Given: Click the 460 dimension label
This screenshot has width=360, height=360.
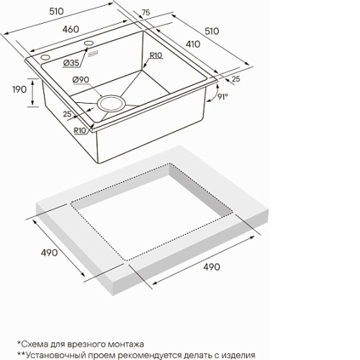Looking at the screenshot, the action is (71, 30).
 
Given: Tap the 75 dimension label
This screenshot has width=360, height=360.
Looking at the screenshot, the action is (145, 12).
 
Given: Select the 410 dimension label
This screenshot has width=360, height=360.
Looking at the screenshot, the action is (193, 44).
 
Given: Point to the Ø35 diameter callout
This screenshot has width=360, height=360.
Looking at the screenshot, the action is (71, 63).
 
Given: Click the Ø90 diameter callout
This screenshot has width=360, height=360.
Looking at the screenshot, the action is (81, 79).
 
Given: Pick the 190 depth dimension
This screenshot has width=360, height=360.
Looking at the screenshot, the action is (19, 89).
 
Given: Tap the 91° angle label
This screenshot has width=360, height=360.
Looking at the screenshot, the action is (222, 96).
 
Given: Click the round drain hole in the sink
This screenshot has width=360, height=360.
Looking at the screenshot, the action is (111, 104).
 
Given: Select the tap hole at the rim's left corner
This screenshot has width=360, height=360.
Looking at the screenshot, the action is (45, 58).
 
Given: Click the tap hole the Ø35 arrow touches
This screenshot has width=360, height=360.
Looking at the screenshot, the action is (89, 43).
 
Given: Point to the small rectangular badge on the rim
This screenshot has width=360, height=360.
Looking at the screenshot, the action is (93, 54).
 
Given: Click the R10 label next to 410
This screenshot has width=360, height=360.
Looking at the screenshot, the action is (156, 55).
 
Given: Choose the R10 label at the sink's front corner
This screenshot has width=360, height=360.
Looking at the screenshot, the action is (80, 130).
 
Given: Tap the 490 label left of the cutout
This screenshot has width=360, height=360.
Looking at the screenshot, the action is (50, 253).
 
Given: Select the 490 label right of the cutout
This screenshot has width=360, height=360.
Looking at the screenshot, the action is (212, 266).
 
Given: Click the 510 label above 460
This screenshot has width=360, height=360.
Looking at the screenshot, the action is (57, 12).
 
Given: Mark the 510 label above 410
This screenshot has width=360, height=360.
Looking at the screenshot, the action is (212, 31).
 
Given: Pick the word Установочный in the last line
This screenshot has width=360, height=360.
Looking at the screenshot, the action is (56, 355).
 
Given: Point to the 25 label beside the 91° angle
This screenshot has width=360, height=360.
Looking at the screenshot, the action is (236, 79).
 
